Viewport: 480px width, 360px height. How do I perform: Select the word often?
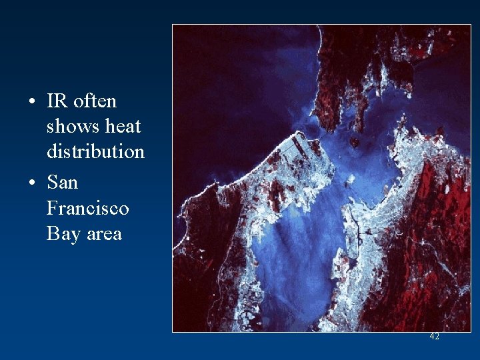click(95, 101)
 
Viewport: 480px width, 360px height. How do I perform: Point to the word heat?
click(123, 127)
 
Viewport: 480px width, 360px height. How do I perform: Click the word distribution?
click(95, 151)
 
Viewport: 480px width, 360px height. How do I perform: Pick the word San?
click(62, 183)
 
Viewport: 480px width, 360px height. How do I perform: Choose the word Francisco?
click(87, 208)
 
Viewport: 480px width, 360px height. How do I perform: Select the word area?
click(103, 234)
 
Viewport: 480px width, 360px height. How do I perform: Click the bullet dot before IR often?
click(32, 102)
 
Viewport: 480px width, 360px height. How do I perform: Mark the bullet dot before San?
click(32, 183)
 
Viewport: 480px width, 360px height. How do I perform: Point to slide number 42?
click(434, 337)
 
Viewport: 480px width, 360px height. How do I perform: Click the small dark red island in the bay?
click(355, 142)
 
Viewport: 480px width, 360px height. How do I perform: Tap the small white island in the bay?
click(347, 179)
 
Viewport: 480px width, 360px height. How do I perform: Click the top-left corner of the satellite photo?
click(173, 25)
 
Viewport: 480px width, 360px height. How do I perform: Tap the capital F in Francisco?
click(52, 208)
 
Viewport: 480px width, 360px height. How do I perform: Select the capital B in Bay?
click(53, 234)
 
